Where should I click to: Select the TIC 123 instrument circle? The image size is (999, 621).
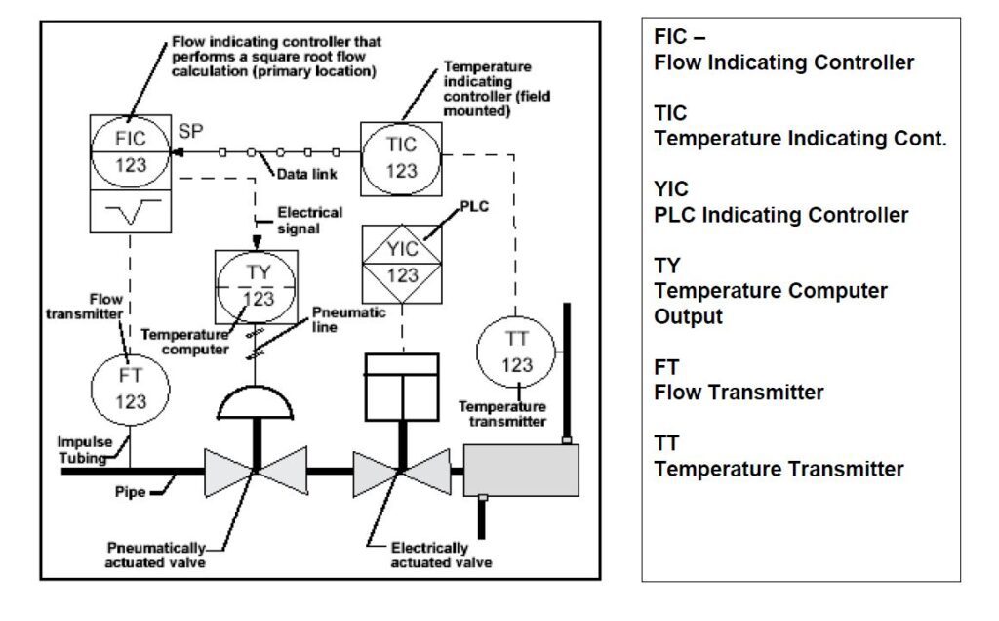pos(402,157)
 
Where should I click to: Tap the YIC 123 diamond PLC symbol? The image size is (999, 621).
pos(403,262)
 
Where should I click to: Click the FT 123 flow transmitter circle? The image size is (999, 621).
pos(130,387)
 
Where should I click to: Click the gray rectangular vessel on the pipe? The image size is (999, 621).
pos(521,470)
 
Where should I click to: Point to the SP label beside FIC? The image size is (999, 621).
pos(192,132)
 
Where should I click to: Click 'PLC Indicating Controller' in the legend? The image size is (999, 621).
pos(780,215)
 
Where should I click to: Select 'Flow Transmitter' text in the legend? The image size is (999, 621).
pos(739,393)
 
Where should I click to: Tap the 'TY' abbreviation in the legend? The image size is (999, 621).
pos(667,266)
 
